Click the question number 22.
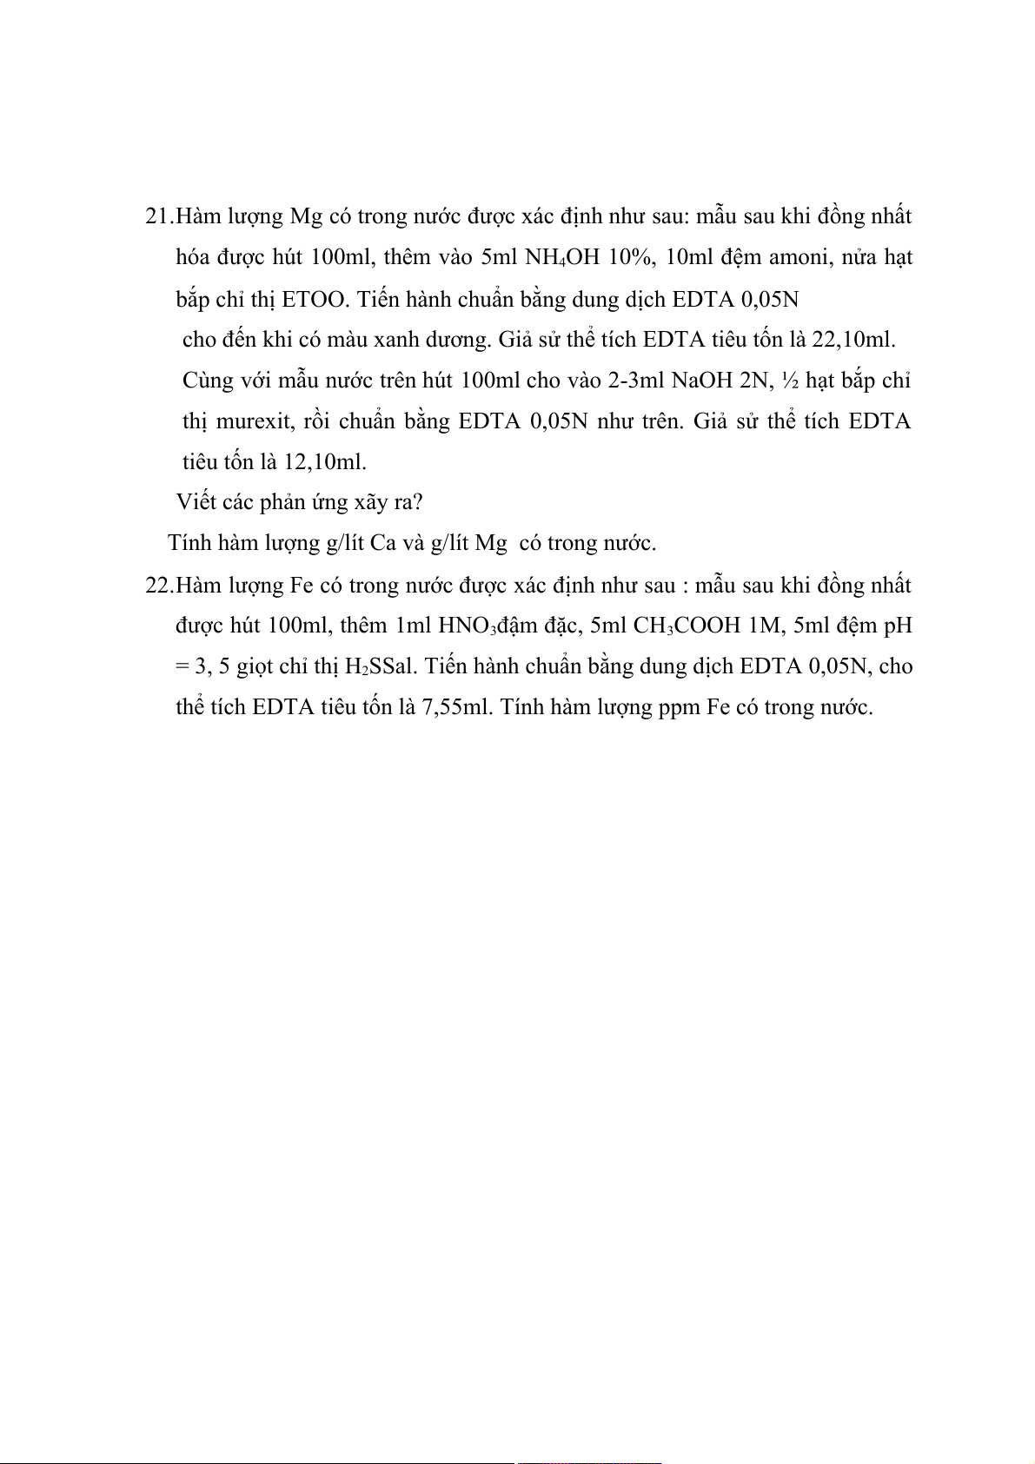(x=158, y=586)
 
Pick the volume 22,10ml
(x=853, y=340)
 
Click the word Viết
(x=196, y=502)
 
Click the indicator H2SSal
(x=380, y=667)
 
